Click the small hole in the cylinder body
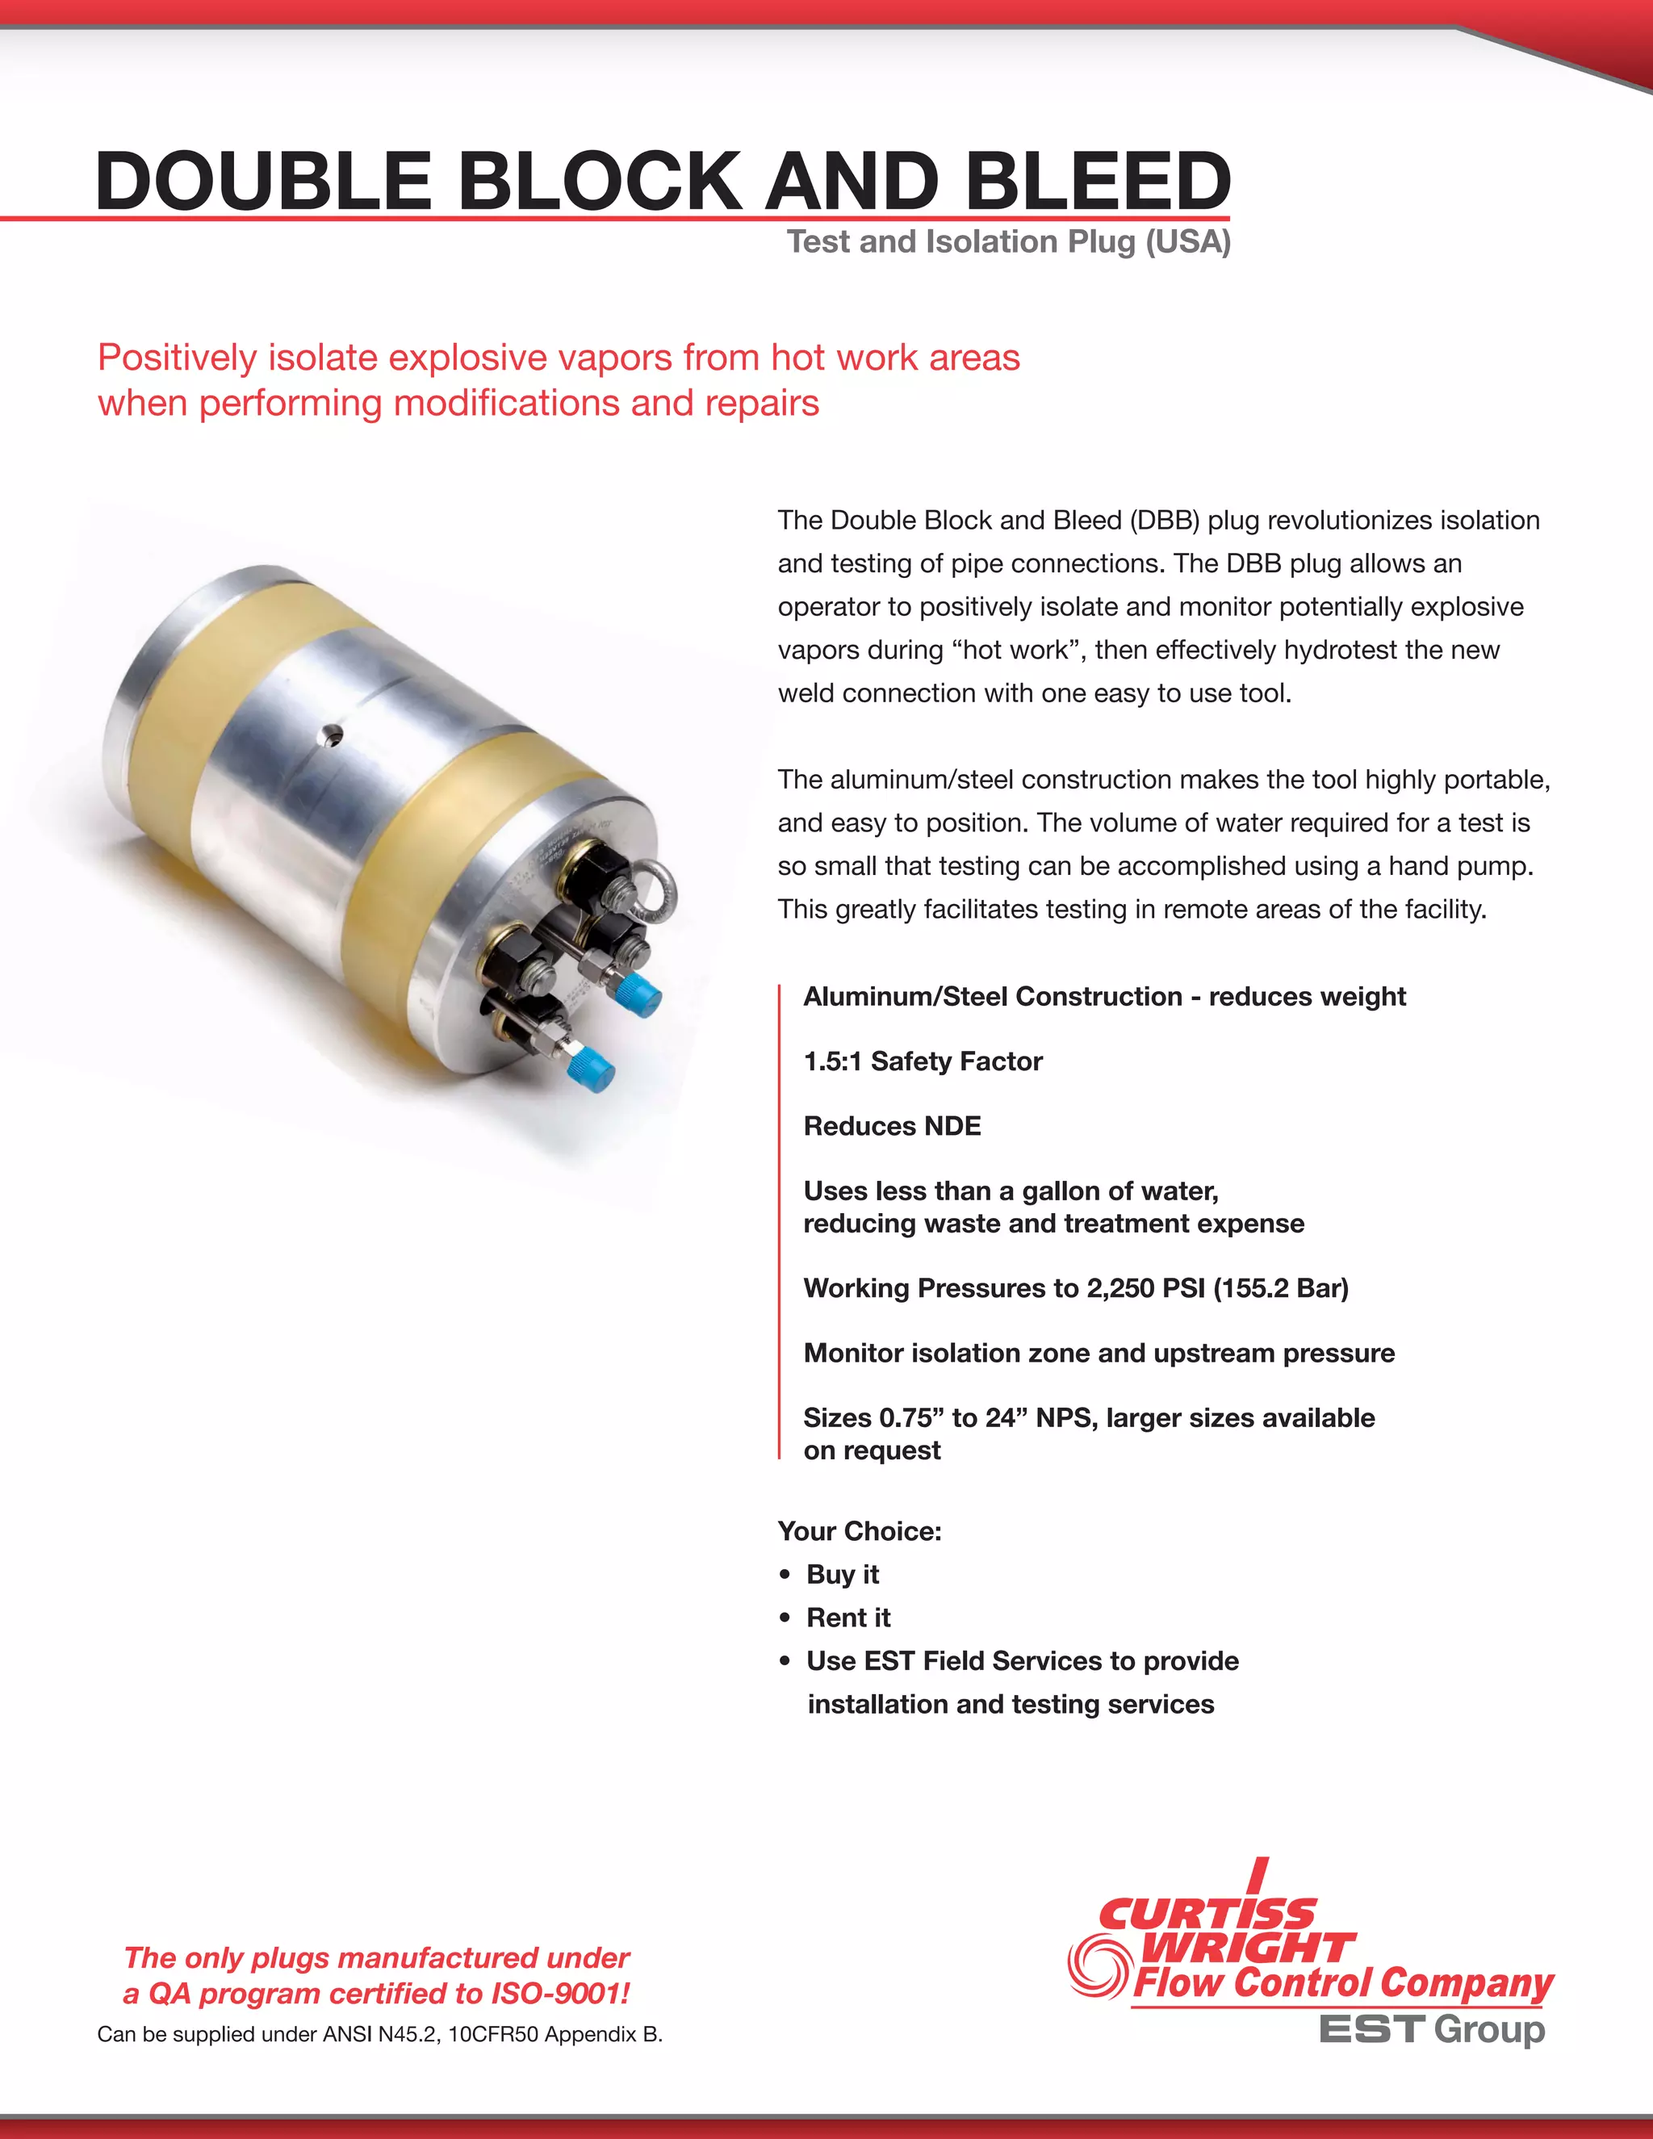click(333, 733)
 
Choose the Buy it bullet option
click(842, 1574)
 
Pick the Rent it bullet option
click(848, 1617)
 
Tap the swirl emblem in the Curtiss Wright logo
click(1098, 1968)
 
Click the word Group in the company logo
click(1488, 2030)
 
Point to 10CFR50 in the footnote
click(492, 2034)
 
